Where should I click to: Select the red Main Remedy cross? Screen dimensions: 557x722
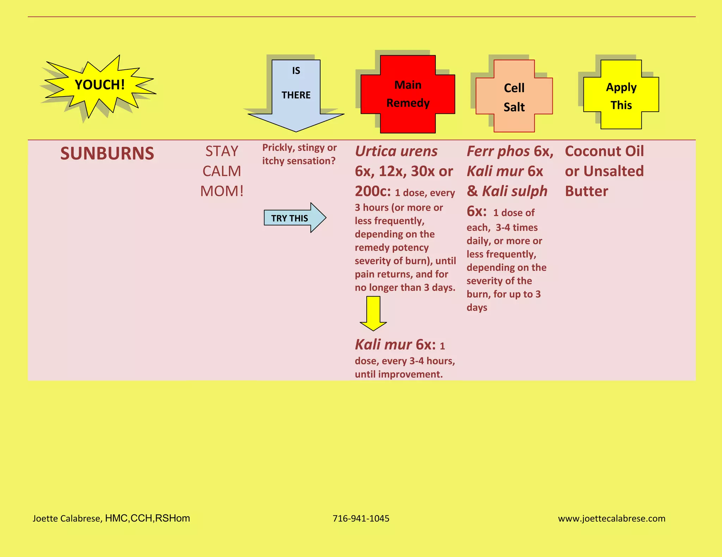tap(408, 94)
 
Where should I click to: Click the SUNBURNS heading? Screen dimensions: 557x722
tap(107, 154)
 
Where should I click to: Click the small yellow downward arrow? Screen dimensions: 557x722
tap(373, 313)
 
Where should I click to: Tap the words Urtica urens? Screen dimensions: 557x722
tap(396, 151)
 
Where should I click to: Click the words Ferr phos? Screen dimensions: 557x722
tap(498, 151)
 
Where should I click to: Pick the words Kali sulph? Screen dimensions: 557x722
tap(515, 191)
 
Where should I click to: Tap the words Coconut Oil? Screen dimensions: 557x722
tap(604, 151)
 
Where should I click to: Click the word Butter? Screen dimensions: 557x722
tap(587, 191)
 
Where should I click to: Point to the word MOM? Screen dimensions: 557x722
tap(222, 191)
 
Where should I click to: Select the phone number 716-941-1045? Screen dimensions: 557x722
tap(361, 518)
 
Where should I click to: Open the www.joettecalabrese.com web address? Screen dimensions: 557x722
tap(612, 518)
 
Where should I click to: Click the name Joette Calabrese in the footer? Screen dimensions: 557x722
tap(67, 518)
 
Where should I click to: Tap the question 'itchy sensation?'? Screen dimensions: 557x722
tap(299, 161)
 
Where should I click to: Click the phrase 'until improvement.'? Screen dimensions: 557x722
tap(399, 374)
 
